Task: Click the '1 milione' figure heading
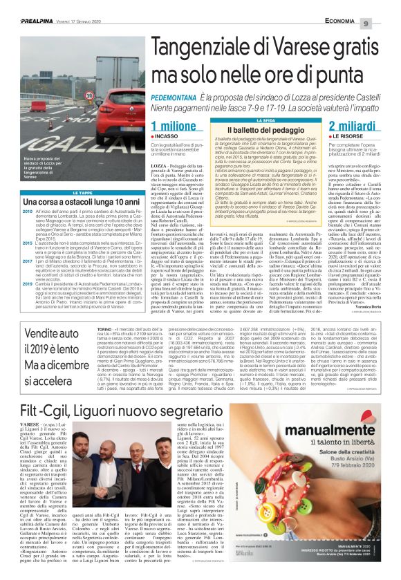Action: [x=173, y=126]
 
